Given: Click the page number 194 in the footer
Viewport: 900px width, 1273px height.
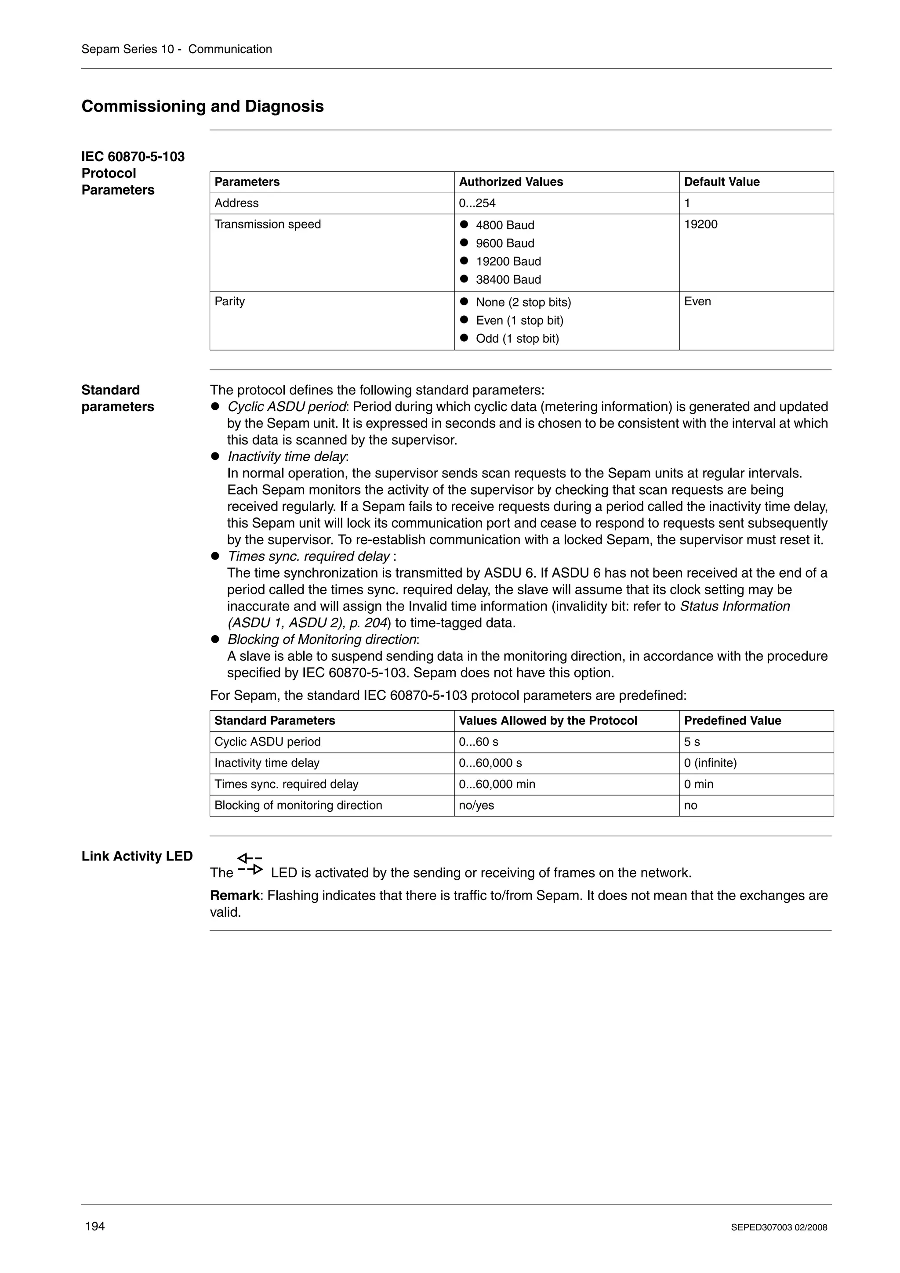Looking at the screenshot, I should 95,1226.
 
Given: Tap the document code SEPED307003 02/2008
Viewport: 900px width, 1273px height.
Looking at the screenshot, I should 779,1227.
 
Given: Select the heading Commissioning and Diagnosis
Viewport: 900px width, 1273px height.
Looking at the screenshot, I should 203,106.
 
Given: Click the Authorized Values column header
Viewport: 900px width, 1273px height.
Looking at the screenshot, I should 511,182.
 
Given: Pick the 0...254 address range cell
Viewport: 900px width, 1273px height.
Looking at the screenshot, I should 477,203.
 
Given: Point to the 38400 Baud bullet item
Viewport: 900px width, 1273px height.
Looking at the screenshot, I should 508,279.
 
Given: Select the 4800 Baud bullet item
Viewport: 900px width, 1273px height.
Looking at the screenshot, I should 504,225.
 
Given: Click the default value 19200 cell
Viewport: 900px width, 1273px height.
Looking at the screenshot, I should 700,224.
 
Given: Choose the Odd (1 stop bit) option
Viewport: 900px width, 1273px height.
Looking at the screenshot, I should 517,338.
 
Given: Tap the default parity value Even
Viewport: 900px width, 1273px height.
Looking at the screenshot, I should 697,302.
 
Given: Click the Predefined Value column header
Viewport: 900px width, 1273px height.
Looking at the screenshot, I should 732,720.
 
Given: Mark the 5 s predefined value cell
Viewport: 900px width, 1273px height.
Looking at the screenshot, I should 692,742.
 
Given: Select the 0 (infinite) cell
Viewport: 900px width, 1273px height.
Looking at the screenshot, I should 710,763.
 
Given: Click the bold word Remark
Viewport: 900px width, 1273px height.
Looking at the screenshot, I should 235,895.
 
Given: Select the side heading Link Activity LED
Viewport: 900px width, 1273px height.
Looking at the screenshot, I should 137,856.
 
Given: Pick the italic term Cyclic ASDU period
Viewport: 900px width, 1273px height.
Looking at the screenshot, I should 287,407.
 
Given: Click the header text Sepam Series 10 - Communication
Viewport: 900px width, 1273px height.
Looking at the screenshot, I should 176,49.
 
